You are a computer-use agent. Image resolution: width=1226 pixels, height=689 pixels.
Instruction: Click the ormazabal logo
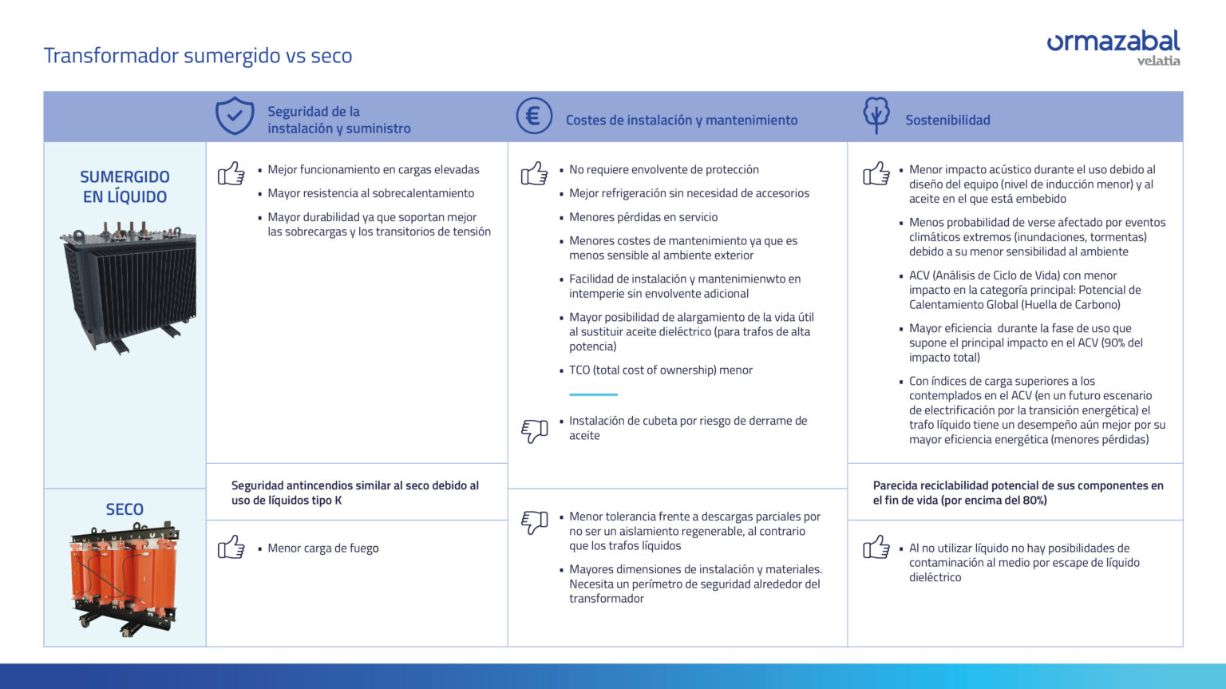tap(1113, 46)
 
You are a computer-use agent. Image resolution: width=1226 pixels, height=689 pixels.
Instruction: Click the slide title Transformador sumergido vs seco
tap(197, 56)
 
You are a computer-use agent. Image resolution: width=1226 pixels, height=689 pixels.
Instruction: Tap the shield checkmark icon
tap(235, 117)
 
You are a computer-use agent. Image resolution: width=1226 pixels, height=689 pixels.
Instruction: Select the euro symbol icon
tap(533, 117)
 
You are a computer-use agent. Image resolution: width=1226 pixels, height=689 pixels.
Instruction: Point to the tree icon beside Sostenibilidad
tap(876, 115)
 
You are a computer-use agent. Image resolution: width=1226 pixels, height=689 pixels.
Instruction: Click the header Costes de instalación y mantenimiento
tap(681, 121)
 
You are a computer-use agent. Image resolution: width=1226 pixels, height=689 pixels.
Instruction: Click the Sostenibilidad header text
tap(947, 121)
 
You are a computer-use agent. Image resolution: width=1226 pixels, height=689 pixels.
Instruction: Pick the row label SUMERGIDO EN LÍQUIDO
tap(125, 187)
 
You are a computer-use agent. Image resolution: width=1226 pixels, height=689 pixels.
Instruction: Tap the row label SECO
tap(125, 509)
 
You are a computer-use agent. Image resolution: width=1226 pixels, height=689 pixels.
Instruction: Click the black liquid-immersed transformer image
tap(129, 287)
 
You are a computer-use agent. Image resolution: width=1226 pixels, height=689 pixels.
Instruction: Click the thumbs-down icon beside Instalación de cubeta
tap(534, 431)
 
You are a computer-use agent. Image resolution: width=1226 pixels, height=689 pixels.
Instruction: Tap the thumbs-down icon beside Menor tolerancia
tap(534, 522)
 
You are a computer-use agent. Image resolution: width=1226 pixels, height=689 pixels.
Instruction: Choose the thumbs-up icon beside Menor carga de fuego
tap(231, 548)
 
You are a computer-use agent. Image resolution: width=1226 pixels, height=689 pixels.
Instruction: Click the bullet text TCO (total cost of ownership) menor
tap(660, 370)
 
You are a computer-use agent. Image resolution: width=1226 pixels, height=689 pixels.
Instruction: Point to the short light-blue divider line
tap(593, 394)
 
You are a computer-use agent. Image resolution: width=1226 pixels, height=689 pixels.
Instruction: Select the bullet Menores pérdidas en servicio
tap(643, 217)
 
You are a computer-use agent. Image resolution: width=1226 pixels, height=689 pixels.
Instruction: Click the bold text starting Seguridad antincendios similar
tap(355, 493)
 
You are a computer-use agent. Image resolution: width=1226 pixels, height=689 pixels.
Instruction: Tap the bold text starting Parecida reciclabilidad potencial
tap(1018, 493)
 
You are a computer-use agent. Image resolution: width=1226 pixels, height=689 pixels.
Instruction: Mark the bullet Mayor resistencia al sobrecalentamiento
tap(370, 193)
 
